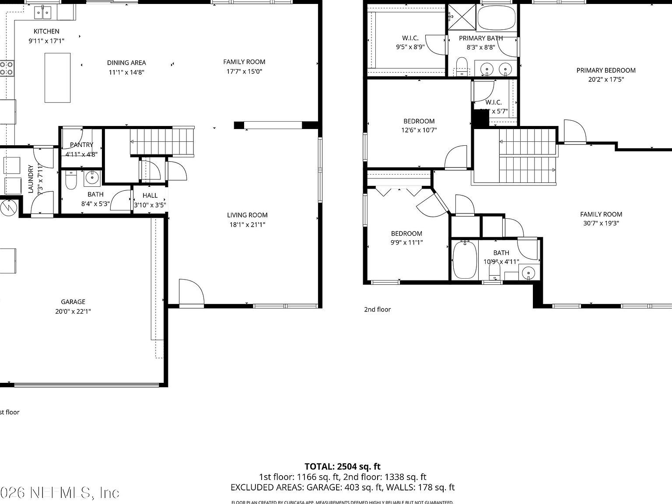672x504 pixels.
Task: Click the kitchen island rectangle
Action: [57, 78]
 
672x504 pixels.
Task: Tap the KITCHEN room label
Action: [46, 31]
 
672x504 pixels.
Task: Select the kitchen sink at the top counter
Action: [43, 13]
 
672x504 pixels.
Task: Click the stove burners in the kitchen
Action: [6, 68]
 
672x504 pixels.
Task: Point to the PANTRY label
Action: [81, 145]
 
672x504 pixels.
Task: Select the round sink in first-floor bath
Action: [92, 178]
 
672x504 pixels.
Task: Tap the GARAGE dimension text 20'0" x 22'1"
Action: [73, 311]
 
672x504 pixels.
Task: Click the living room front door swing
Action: [190, 292]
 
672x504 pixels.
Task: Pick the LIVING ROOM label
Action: [247, 215]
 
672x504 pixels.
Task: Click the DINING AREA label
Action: [126, 63]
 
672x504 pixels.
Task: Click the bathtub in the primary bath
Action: [497, 17]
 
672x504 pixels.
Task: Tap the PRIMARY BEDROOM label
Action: [606, 70]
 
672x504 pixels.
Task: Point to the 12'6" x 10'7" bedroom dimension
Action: [419, 130]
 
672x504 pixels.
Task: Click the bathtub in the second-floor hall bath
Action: [464, 260]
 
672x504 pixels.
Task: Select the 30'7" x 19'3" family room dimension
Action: [601, 223]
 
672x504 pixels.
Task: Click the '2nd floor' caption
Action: [378, 309]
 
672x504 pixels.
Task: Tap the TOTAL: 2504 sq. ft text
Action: [343, 466]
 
